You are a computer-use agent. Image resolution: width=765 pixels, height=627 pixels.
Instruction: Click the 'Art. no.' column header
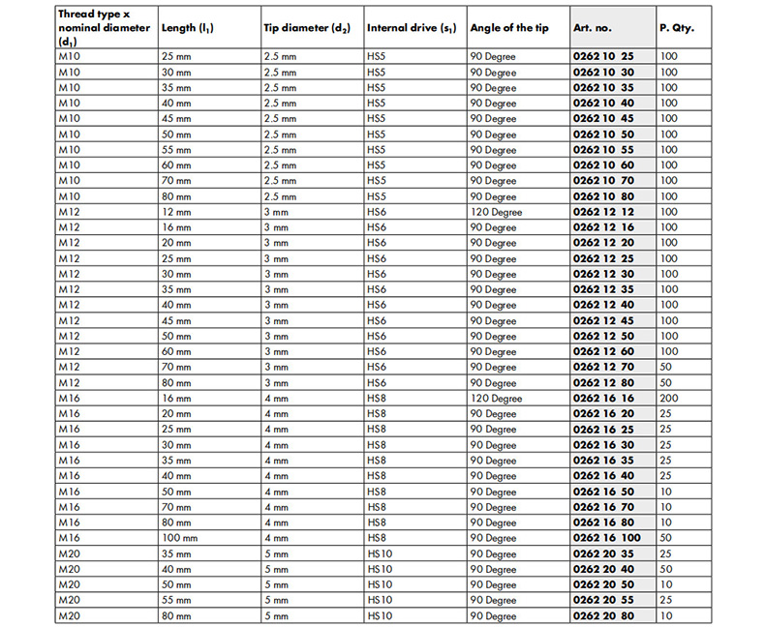point(595,28)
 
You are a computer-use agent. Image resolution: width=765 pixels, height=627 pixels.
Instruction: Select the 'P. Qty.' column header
point(676,28)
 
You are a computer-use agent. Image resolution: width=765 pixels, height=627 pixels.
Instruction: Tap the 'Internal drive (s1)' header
point(412,28)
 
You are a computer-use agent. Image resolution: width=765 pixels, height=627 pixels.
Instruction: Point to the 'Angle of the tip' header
point(509,28)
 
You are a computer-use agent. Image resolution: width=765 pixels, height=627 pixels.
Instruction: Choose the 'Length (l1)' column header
point(189,28)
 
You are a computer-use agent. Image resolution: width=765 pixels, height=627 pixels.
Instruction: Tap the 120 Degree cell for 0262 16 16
point(496,398)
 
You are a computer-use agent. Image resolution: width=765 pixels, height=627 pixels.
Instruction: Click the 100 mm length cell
point(180,538)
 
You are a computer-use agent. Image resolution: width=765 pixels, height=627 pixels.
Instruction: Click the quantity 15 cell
point(666,600)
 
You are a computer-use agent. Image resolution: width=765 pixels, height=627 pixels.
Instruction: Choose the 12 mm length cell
point(176,212)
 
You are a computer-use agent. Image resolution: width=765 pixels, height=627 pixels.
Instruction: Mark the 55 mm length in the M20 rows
point(176,600)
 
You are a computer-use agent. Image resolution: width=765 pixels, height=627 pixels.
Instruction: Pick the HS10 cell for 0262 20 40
point(381,569)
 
